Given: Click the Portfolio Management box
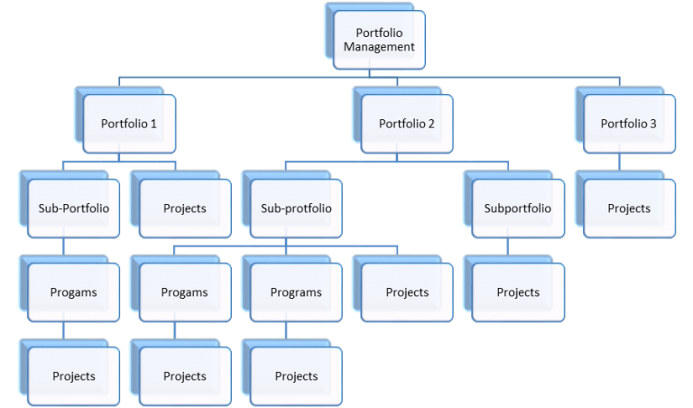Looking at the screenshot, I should [x=379, y=40].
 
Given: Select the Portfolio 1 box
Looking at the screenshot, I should [x=128, y=124].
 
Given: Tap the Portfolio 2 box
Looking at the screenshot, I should [x=406, y=124].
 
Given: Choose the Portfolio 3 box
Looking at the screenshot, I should [x=628, y=124].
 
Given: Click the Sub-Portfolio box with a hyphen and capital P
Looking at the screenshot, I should [x=73, y=209].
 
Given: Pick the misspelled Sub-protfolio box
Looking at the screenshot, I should [x=296, y=209].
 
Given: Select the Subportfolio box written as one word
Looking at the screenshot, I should [x=518, y=209].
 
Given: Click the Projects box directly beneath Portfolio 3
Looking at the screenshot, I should [x=628, y=209].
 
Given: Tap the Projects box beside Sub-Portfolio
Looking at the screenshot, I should [x=184, y=209].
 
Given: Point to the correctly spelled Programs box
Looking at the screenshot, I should [x=296, y=292].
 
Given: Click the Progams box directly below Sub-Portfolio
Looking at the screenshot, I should [x=73, y=292].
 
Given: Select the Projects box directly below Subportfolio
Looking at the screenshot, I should [x=518, y=292].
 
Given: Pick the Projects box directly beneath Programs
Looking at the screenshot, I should [x=296, y=376].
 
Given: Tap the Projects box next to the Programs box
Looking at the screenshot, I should [x=407, y=292].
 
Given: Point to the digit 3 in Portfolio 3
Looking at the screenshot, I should [x=653, y=124].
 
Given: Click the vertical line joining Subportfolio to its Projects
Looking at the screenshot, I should [x=508, y=246].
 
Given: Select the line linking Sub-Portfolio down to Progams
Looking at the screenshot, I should [x=63, y=246].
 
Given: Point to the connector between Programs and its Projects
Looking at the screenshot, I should [x=286, y=330].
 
